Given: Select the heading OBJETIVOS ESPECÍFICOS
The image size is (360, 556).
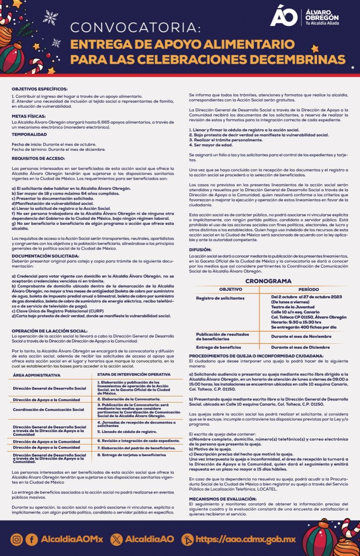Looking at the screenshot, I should coord(40,89).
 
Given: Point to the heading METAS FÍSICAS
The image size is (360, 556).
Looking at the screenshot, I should coord(29,115).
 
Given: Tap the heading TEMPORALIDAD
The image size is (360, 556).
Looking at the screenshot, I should coord(29,134).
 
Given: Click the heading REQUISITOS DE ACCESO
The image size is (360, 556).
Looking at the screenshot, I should coord(38,159).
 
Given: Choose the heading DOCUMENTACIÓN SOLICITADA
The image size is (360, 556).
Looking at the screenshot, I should coord(45,256).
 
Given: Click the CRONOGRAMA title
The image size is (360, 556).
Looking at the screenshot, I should coord(269,281).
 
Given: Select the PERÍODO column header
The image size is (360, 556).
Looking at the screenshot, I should coord(308,289).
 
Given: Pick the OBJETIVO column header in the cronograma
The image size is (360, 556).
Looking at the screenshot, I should coord(230,289).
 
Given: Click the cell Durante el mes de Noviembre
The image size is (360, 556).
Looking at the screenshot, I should coord(300,336).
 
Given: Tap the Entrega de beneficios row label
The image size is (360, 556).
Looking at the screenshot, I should coord(218,347).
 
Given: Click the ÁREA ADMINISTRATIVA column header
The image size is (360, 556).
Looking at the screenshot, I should coord(37,375).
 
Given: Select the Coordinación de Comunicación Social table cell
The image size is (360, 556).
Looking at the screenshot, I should coord(49,409).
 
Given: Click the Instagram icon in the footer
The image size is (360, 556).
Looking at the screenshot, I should coord(16,539).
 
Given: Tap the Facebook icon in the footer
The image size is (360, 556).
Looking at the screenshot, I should coord(31,539).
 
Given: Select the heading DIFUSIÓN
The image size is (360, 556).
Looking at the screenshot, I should coord(200,250).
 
